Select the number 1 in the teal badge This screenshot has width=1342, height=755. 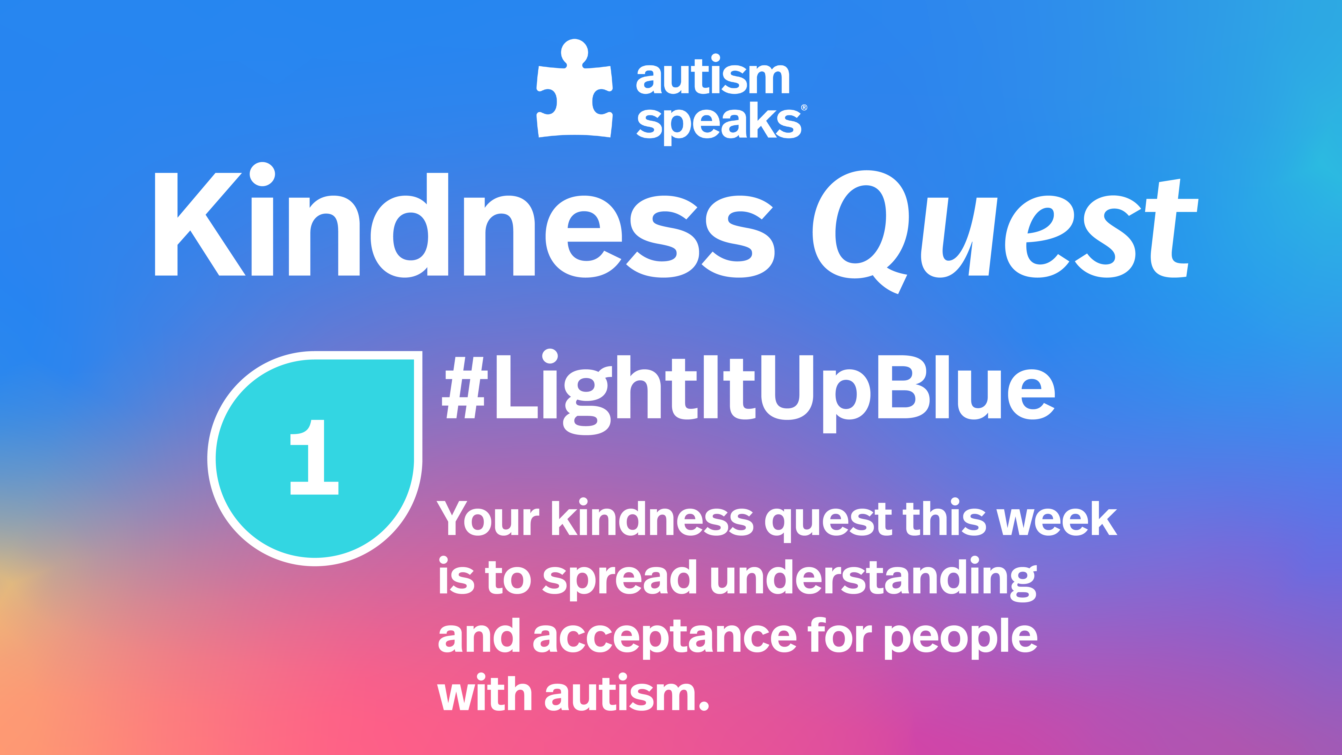point(314,457)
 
